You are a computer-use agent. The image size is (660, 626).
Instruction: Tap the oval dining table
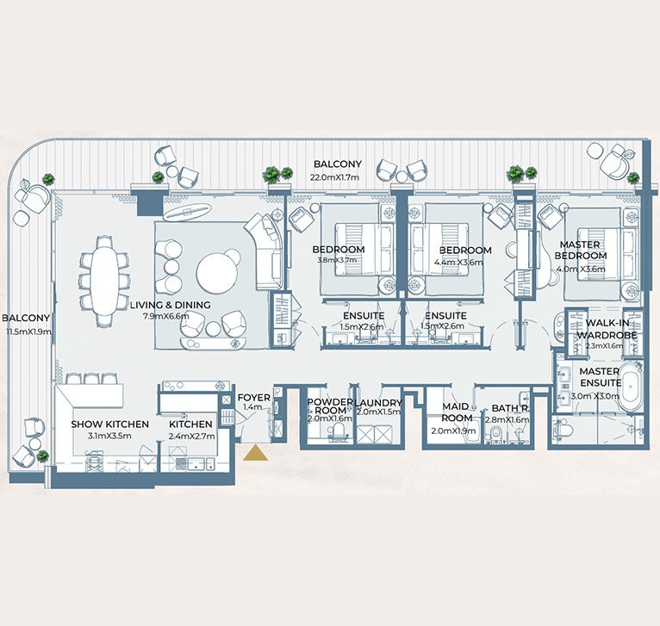tap(104, 281)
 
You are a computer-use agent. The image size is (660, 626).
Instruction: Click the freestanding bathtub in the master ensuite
tap(630, 387)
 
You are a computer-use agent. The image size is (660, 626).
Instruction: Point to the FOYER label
tap(254, 398)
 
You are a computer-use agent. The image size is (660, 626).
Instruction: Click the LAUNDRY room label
tap(378, 403)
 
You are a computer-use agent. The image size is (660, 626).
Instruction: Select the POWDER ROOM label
tap(330, 406)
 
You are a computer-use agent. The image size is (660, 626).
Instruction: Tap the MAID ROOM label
tap(458, 412)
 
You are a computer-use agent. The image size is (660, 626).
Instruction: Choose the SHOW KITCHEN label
tap(110, 425)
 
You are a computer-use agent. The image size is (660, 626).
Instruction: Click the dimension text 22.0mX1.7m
tap(334, 177)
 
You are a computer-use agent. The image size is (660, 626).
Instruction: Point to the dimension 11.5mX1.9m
tap(29, 332)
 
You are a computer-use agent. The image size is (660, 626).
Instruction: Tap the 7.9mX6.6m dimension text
tap(165, 316)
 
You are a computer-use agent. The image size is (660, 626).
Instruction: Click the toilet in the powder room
tap(338, 431)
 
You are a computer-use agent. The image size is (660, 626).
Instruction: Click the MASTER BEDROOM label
tap(581, 251)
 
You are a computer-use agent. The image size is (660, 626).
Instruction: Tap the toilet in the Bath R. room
tap(495, 433)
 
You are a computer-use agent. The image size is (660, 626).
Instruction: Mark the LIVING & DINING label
tap(170, 305)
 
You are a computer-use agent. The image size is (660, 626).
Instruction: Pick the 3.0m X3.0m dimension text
tap(595, 396)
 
